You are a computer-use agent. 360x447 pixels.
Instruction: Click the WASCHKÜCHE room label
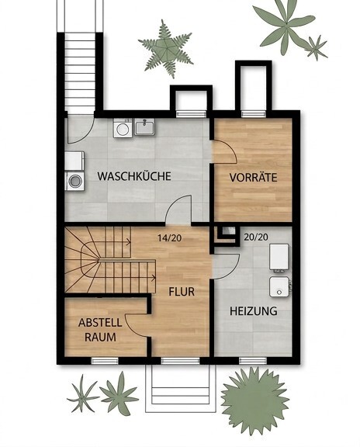point(134,176)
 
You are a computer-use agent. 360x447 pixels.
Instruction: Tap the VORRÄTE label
point(254,177)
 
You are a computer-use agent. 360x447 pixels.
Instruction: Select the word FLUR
point(182,292)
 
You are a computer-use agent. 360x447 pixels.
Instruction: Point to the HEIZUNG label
point(254,310)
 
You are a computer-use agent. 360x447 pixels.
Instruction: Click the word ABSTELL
point(100,323)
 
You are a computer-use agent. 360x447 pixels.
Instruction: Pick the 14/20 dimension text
point(170,237)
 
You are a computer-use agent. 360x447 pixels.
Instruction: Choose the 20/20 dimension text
point(256,237)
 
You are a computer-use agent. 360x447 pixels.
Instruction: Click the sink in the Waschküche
point(145,126)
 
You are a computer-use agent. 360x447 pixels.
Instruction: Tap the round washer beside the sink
point(123,128)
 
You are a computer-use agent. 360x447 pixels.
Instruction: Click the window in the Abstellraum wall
point(105,361)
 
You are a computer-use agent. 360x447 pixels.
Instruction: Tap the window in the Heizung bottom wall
point(253,361)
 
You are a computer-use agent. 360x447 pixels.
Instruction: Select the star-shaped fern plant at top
point(166,49)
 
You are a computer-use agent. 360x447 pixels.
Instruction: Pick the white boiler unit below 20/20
point(279,257)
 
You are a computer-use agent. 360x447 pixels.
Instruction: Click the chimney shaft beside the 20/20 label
point(227,233)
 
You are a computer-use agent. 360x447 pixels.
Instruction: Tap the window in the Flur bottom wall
point(181,361)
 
